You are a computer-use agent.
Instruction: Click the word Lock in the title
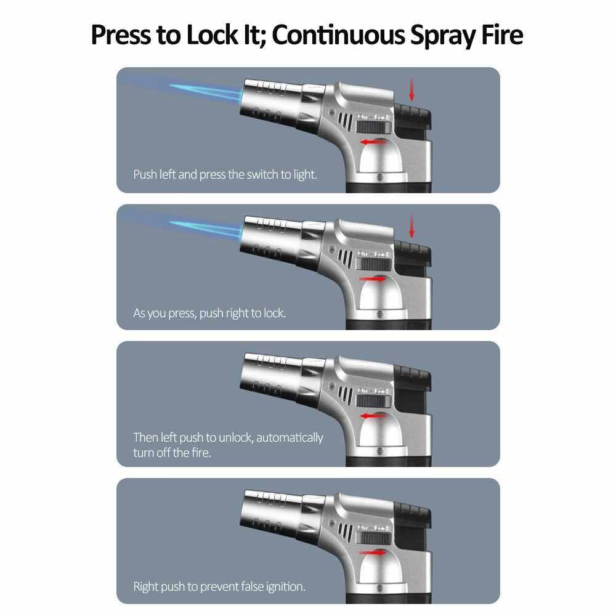[212, 35]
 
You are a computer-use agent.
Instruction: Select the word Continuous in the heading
[338, 35]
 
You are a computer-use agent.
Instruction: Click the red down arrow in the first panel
[411, 89]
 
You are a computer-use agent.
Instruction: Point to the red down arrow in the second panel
[411, 226]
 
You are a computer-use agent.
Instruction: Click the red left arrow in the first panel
[374, 142]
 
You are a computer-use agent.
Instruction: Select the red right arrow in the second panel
[373, 279]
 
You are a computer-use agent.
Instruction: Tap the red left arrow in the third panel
[374, 416]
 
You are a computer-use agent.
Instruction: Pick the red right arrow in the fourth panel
[373, 553]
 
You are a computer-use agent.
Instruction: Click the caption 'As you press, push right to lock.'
[209, 313]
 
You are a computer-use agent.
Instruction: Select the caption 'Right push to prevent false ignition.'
[219, 586]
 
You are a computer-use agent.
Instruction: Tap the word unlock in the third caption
[236, 437]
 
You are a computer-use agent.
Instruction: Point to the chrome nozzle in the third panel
[271, 375]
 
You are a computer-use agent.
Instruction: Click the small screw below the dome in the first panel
[380, 177]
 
